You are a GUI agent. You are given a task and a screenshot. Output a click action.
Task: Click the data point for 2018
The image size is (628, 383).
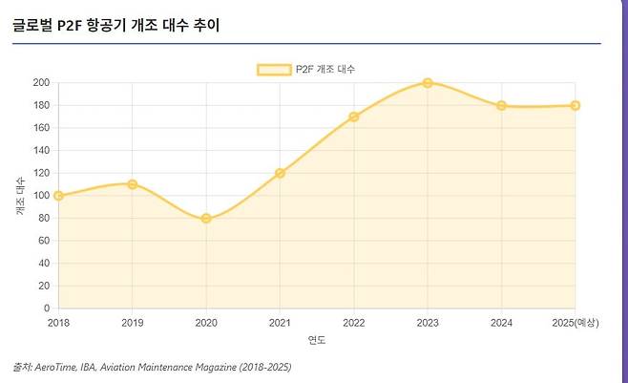[x=58, y=196]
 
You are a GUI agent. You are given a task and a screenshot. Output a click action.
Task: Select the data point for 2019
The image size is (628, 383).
[x=132, y=184]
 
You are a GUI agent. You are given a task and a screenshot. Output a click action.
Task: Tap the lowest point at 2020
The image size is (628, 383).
[x=206, y=219]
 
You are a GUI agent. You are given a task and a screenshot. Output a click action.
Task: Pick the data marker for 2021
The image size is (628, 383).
[x=280, y=173]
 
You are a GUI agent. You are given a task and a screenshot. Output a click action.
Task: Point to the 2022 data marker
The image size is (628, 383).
[x=353, y=117]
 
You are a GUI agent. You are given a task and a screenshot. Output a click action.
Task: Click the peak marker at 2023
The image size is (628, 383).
[x=428, y=83]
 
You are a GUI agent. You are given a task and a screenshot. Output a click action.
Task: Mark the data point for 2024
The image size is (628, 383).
[x=501, y=106]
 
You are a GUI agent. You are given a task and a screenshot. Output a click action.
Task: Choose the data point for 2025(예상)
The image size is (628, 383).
[x=575, y=106]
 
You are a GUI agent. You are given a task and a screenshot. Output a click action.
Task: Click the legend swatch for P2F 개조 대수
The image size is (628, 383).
[x=275, y=69]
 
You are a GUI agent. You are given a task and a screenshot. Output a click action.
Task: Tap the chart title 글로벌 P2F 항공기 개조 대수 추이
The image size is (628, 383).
[x=116, y=25]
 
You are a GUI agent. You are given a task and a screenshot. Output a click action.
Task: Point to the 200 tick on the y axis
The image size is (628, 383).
[x=40, y=83]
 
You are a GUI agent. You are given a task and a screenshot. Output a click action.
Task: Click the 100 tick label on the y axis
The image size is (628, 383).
[x=40, y=196]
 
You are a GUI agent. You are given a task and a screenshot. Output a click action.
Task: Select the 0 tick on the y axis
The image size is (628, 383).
[x=46, y=309]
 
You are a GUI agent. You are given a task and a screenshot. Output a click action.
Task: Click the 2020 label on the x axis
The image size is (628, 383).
[x=206, y=323]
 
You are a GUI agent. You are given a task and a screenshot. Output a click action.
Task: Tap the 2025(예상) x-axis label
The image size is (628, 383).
[x=575, y=323]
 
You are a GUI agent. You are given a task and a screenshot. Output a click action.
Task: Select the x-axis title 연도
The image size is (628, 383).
[x=316, y=339]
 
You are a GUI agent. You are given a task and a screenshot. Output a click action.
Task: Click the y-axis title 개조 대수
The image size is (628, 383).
[x=21, y=195]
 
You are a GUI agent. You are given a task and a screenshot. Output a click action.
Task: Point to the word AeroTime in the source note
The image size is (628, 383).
[x=57, y=367]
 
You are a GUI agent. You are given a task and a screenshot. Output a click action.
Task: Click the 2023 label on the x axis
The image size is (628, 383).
[x=428, y=323]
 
